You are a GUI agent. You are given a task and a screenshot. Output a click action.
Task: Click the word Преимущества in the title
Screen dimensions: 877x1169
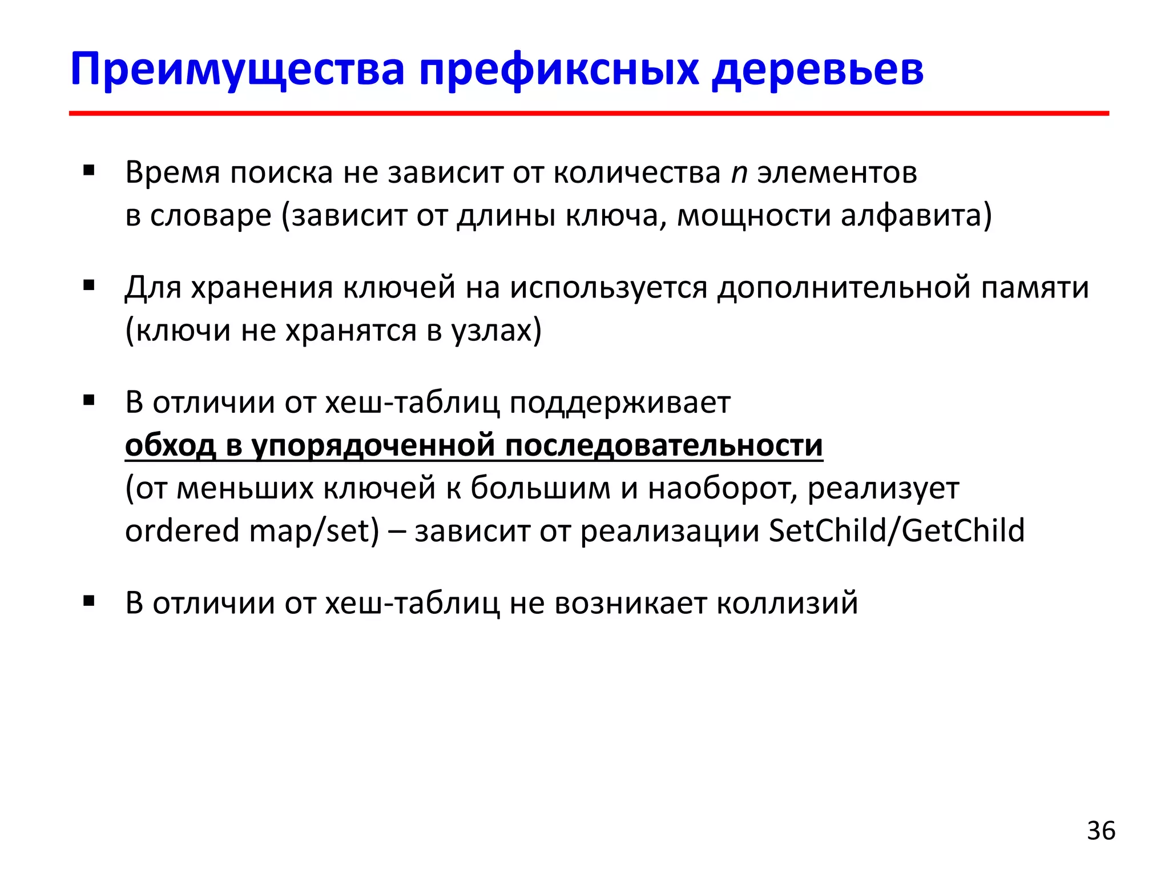click(237, 70)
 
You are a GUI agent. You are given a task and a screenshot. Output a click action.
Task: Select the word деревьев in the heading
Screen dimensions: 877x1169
click(817, 70)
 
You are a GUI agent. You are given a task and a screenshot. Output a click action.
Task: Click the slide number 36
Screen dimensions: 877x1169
click(1101, 831)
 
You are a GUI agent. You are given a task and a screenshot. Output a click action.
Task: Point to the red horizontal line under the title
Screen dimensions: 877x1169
click(588, 114)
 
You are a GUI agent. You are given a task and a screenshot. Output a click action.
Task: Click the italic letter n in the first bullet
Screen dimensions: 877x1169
click(739, 173)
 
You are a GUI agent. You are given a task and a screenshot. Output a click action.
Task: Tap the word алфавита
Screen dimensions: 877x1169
click(916, 216)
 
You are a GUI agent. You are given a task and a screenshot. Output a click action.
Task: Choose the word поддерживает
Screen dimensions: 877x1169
click(619, 403)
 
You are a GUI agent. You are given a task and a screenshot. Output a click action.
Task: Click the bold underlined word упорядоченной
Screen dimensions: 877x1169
click(373, 446)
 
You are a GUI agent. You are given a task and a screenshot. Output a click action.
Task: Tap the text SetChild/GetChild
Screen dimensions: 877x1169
click(897, 530)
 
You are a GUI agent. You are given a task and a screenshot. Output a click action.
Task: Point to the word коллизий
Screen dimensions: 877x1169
click(787, 603)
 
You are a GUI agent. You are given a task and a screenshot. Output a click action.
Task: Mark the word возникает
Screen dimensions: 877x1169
click(630, 603)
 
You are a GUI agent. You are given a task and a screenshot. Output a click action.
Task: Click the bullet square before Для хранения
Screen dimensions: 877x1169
click(88, 285)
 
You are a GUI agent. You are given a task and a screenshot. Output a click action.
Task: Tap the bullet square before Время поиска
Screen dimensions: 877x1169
click(88, 170)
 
